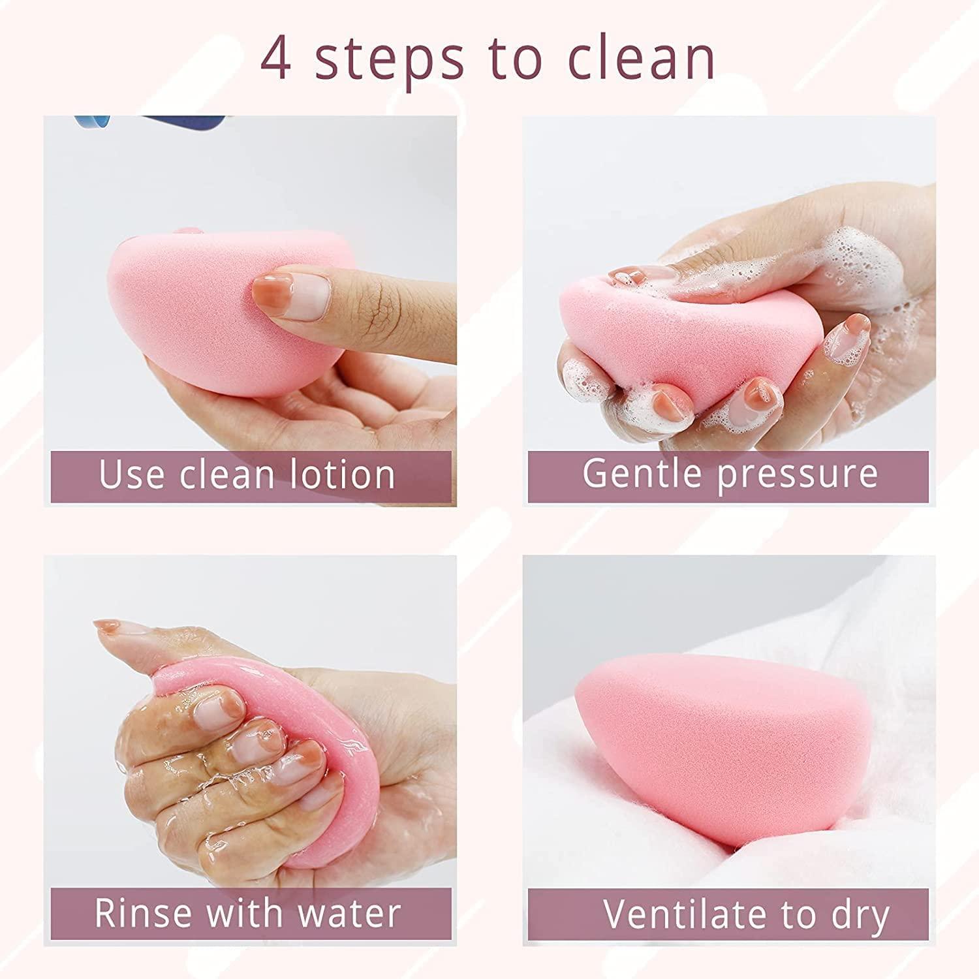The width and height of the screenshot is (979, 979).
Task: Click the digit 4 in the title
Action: tap(276, 59)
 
